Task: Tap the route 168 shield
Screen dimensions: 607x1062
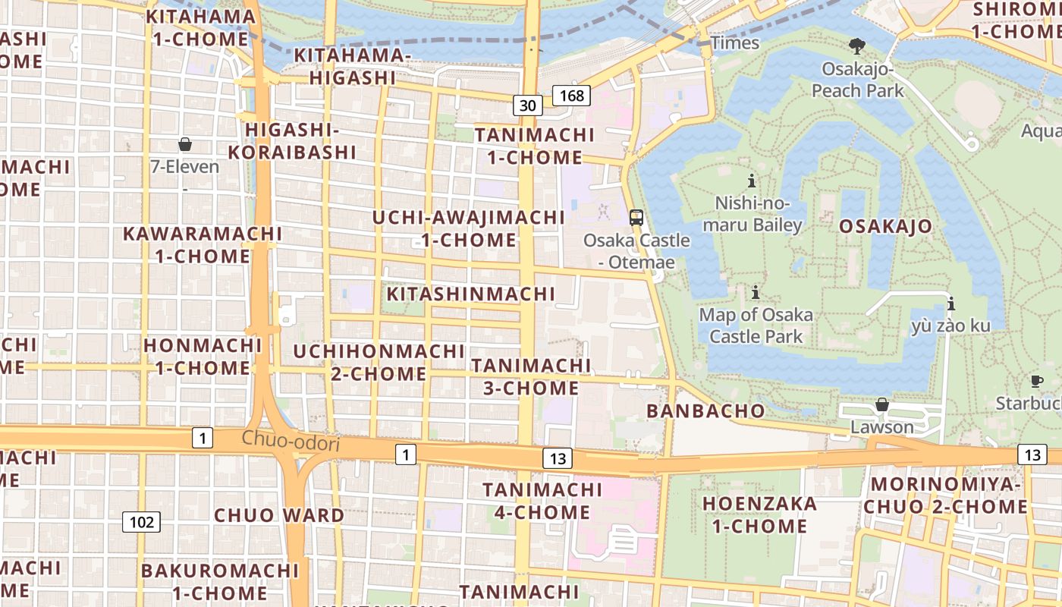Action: [571, 95]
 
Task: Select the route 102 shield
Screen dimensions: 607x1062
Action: [141, 522]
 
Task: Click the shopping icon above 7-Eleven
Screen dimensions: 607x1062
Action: [185, 144]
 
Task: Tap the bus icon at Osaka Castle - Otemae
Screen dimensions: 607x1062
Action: [636, 217]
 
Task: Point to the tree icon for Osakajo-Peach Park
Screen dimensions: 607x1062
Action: [857, 46]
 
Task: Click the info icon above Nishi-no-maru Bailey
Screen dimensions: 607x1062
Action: [752, 181]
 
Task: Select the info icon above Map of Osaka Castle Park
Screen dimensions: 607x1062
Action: [756, 292]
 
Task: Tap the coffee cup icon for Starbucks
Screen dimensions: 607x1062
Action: [1036, 381]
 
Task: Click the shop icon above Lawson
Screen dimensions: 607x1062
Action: [882, 404]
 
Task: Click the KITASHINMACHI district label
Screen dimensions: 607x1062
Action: [471, 294]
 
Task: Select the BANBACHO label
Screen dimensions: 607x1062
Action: [705, 411]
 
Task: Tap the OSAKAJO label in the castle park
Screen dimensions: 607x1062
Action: [885, 226]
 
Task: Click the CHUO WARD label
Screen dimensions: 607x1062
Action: [279, 515]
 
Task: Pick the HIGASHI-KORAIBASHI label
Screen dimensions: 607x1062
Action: [292, 140]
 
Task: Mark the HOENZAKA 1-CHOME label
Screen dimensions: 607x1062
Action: [759, 514]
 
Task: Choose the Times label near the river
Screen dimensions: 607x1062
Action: [734, 42]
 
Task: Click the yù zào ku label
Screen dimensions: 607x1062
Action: [950, 326]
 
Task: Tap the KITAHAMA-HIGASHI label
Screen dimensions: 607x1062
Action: [352, 66]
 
